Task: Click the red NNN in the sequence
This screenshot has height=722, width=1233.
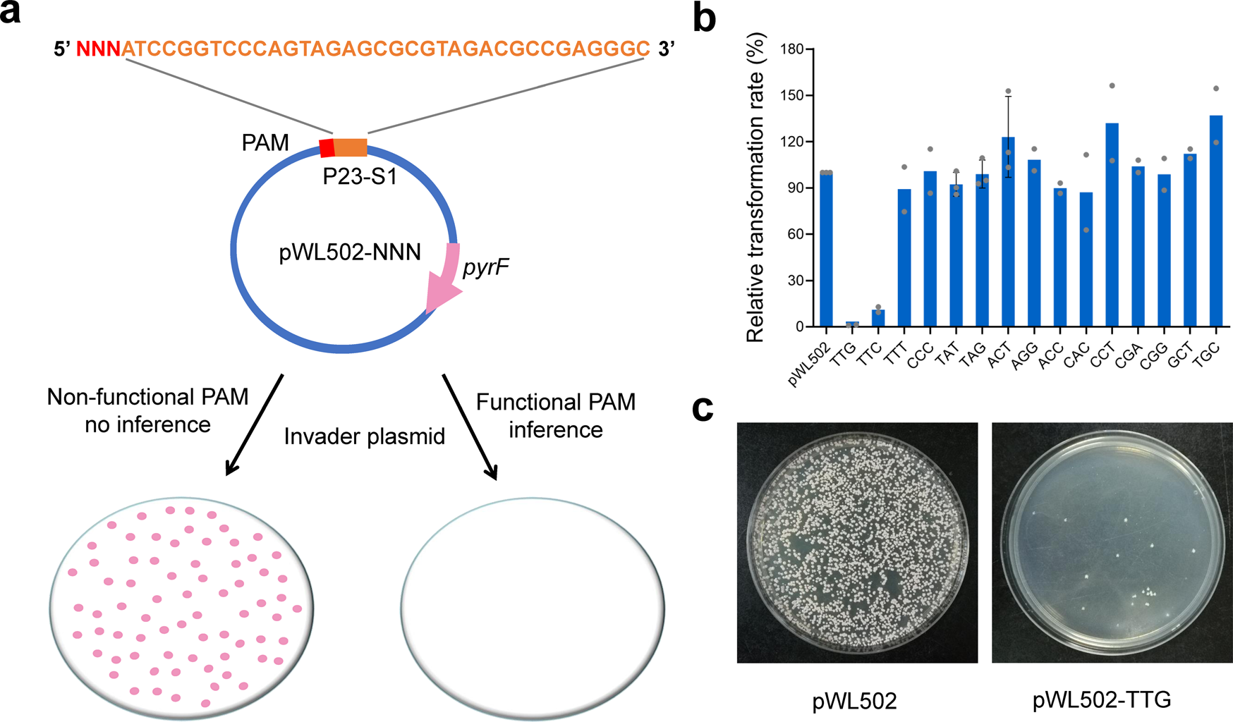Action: pos(98,49)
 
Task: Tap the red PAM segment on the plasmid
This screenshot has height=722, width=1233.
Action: pos(327,148)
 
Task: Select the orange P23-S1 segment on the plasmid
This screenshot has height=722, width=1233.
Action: pos(351,147)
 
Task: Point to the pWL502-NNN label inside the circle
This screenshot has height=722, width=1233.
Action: pos(350,252)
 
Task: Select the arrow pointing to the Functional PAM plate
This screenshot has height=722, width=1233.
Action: pos(470,427)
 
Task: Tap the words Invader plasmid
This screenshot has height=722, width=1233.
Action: pos(364,436)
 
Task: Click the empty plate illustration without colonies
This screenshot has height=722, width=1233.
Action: pos(533,606)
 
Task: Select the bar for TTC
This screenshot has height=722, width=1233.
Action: pos(878,318)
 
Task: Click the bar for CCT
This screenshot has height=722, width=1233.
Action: pos(1112,226)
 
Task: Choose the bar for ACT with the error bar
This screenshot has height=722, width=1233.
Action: pos(1008,233)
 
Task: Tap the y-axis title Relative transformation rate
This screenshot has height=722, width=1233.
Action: pos(755,187)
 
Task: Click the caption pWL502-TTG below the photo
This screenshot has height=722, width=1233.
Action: pos(1101,699)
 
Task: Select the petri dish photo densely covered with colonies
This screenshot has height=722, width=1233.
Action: pos(857,542)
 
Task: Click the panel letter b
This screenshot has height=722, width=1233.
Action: pos(704,18)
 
